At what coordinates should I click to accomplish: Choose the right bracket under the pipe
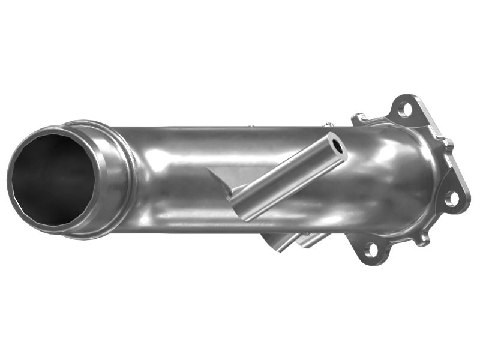coord(313,240)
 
